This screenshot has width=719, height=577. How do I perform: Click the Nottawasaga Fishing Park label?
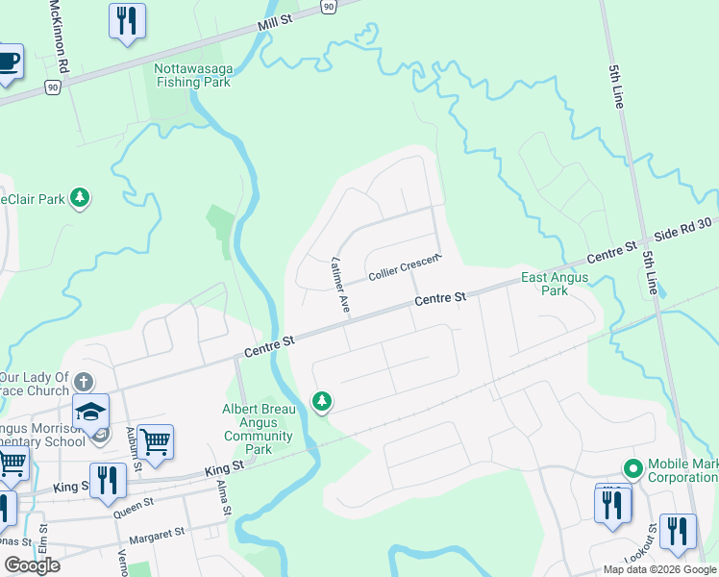pyautogui.click(x=191, y=75)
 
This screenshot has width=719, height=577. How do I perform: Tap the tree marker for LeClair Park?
pyautogui.click(x=81, y=198)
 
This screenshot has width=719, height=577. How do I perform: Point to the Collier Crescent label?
pyautogui.click(x=405, y=269)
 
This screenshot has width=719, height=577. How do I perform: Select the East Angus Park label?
pyautogui.click(x=555, y=284)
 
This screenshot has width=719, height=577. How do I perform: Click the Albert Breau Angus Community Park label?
pyautogui.click(x=258, y=429)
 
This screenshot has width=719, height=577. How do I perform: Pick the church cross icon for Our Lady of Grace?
pyautogui.click(x=84, y=382)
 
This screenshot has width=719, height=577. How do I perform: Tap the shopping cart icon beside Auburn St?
pyautogui.click(x=155, y=442)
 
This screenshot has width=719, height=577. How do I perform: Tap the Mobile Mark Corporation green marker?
pyautogui.click(x=632, y=469)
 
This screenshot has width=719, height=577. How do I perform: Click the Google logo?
pyautogui.click(x=31, y=565)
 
